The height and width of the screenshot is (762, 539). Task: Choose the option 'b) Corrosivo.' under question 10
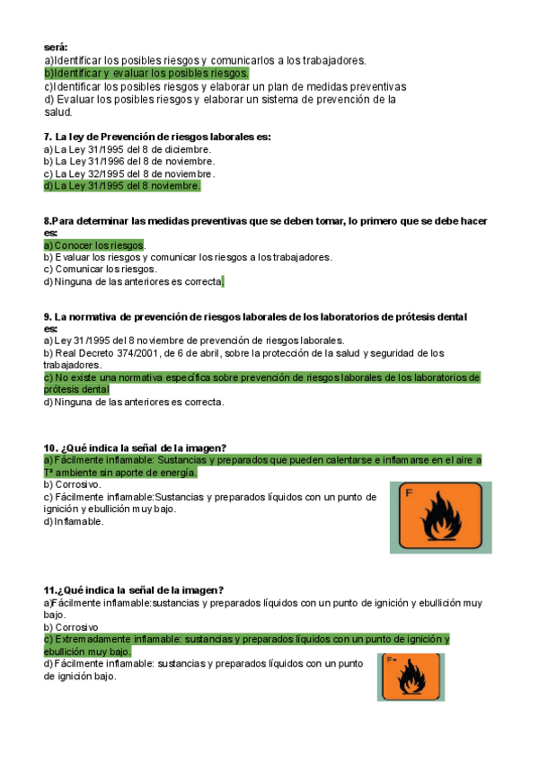(75, 484)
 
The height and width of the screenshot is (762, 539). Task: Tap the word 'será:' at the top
(56, 48)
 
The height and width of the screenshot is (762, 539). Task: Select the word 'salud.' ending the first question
(58, 112)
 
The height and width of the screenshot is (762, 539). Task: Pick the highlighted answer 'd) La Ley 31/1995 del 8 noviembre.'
(122, 186)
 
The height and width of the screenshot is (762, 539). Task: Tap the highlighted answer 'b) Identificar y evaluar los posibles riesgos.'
(146, 73)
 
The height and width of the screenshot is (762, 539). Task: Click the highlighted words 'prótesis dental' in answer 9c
(76, 390)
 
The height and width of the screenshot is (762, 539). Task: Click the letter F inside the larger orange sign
(410, 492)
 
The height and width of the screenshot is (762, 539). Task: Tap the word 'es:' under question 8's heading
(50, 232)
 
